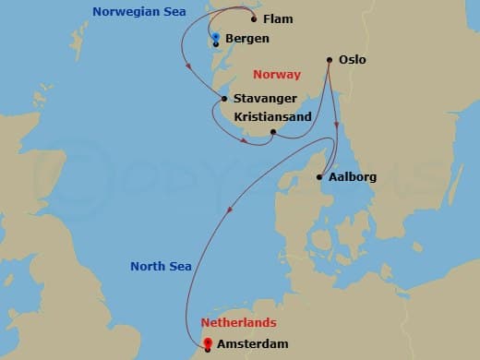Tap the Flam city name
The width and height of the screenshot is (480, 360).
278,18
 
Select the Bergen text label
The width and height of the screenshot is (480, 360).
247,39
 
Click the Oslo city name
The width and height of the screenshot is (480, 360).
354,60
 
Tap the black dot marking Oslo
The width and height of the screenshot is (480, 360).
330,61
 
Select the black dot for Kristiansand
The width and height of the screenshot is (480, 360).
273,132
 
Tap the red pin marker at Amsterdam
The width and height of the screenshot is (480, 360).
208,345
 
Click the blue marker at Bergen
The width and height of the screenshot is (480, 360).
215,38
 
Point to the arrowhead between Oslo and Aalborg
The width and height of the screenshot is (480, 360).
338,126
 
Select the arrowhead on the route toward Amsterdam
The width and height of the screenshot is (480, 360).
229,210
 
